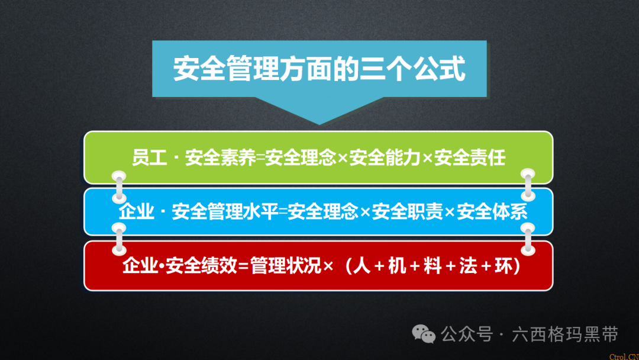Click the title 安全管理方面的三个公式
pos(319,69)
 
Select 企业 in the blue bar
pos(135,212)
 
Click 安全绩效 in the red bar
pos(192,266)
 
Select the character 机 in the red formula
pos(397,266)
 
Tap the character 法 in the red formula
pos(468,266)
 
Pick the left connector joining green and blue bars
pos(120,185)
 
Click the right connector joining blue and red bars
pos(528,238)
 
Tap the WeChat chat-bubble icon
pos(424,335)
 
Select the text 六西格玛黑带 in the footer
pos(565,335)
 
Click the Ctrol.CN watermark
pos(624,356)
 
